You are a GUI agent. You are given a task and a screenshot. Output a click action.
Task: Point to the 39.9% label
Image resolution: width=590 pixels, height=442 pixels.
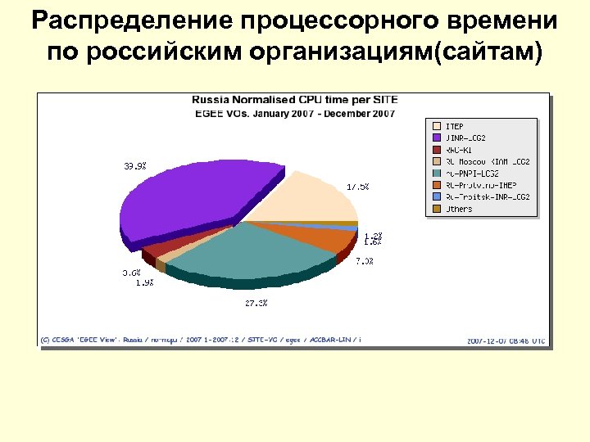(x=135, y=166)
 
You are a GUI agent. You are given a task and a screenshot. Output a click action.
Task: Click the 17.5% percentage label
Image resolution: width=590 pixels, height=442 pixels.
(x=357, y=187)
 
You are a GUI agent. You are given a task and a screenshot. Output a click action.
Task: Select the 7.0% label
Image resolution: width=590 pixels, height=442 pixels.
(x=365, y=262)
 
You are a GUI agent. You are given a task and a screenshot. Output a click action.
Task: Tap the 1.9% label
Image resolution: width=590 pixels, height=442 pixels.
(x=143, y=283)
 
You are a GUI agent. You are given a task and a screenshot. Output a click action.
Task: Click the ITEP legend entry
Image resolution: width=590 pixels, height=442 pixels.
(x=454, y=126)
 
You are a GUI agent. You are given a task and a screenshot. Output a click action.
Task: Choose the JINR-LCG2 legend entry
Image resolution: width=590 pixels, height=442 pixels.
(x=466, y=138)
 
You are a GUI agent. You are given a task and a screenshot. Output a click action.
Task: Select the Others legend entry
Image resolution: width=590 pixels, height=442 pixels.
(x=459, y=209)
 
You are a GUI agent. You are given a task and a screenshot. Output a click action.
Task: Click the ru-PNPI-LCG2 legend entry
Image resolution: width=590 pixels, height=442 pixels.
(x=473, y=174)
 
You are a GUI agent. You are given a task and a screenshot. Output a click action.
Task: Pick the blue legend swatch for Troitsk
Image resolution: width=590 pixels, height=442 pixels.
(x=437, y=197)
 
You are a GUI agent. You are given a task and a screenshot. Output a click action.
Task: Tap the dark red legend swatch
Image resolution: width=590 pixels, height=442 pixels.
(x=437, y=150)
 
